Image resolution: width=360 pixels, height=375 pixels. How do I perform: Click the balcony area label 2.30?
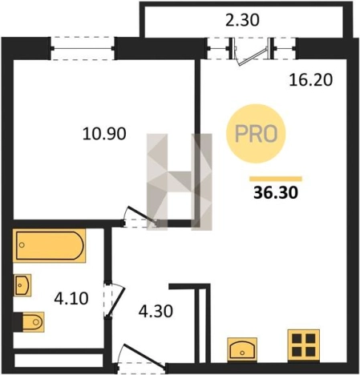(x=242, y=20)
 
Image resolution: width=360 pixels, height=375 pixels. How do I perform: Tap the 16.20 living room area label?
(x=311, y=79)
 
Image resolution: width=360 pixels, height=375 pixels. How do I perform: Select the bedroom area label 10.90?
(x=104, y=134)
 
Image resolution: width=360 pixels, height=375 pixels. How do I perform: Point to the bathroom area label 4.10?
(x=71, y=298)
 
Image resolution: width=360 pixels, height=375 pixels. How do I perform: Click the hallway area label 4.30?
(x=156, y=311)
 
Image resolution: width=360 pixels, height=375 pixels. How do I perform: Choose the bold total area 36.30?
(x=276, y=192)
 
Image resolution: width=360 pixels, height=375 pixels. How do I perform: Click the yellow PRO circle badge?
(x=256, y=134)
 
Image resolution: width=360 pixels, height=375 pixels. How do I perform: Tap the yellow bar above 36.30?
(x=276, y=179)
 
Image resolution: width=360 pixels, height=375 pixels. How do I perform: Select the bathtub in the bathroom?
(x=50, y=245)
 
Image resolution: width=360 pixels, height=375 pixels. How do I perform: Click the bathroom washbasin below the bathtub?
(x=22, y=285)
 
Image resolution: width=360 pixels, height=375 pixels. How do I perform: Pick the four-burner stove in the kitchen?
(x=304, y=345)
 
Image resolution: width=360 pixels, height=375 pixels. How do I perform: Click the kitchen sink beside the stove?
(x=242, y=350)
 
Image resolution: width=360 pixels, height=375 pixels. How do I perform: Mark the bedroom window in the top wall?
(x=83, y=48)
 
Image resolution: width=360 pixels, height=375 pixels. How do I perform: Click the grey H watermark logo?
(x=180, y=182)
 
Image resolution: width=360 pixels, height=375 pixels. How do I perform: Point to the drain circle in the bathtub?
(x=22, y=245)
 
